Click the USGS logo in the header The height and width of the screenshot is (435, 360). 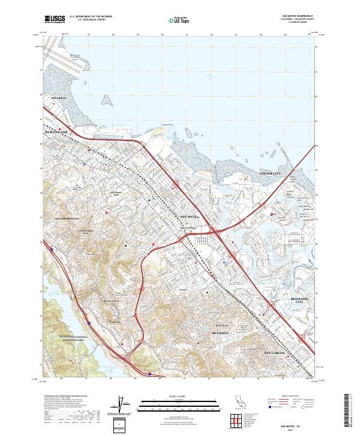55,20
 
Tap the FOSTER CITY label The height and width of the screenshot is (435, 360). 269,173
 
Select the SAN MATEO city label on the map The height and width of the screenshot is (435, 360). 189,215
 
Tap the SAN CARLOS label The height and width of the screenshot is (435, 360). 277,352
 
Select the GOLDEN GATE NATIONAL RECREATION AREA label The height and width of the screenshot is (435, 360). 62,338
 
